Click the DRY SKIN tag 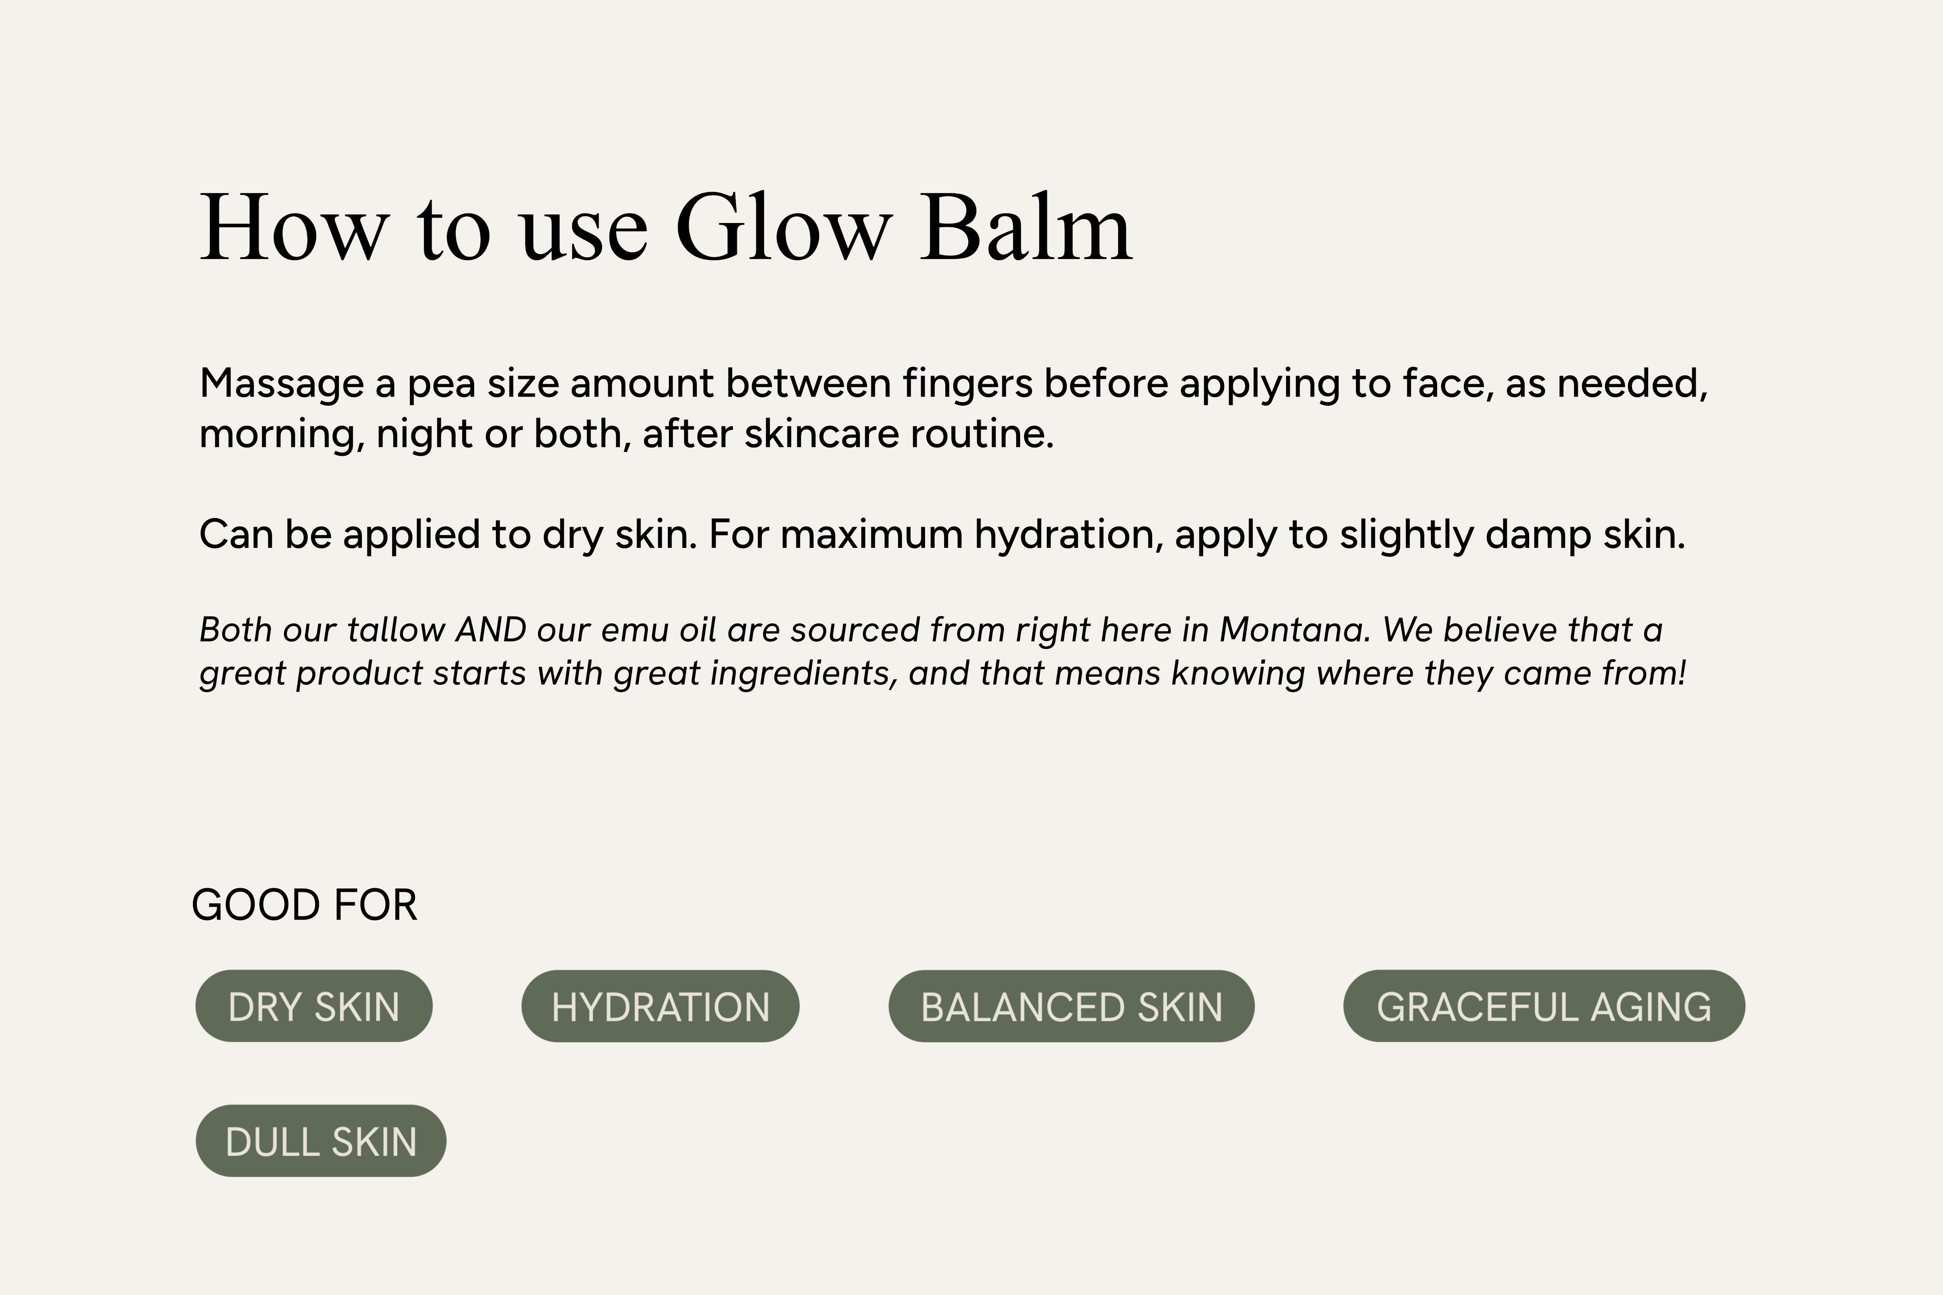pos(314,1006)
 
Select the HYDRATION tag pos(660,1006)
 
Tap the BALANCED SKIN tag pos(1072,1006)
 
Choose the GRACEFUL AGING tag pos(1544,1006)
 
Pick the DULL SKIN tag pos(320,1141)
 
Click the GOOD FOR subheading pos(304,905)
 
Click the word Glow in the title pos(783,227)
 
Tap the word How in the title pos(293,227)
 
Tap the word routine pos(982,434)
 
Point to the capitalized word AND pos(491,630)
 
